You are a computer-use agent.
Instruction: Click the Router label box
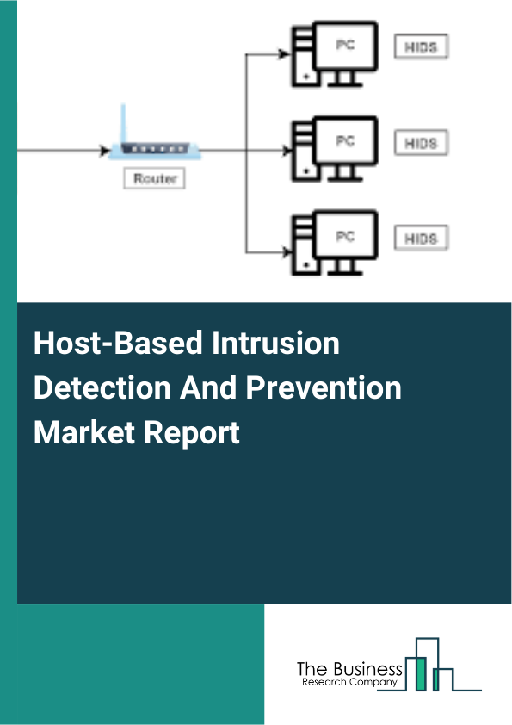click(x=156, y=179)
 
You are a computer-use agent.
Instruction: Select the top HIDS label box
click(x=421, y=48)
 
